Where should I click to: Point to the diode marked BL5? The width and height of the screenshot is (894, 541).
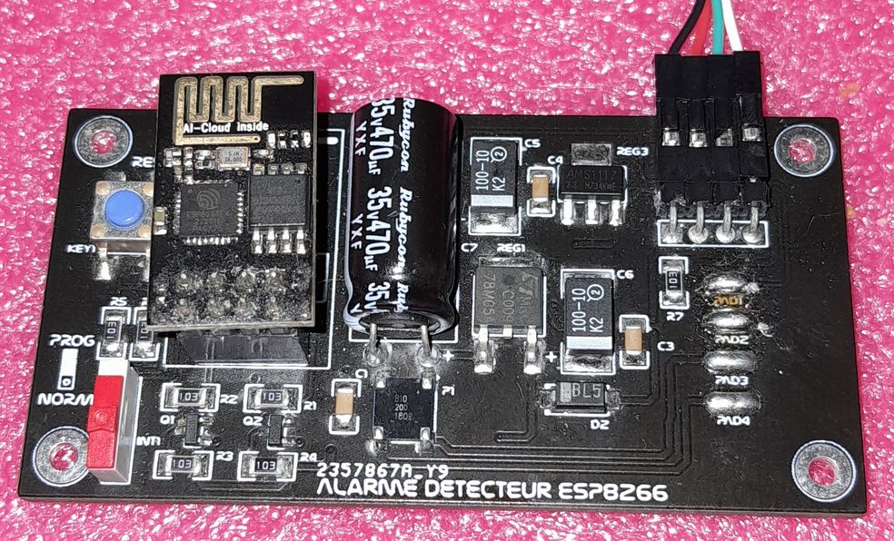(x=574, y=396)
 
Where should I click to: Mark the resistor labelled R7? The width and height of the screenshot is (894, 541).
(x=673, y=273)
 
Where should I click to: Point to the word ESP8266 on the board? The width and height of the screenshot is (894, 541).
(x=617, y=491)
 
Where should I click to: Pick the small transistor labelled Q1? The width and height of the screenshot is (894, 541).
(x=190, y=429)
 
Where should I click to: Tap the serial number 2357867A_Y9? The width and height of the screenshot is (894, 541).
(x=372, y=472)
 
